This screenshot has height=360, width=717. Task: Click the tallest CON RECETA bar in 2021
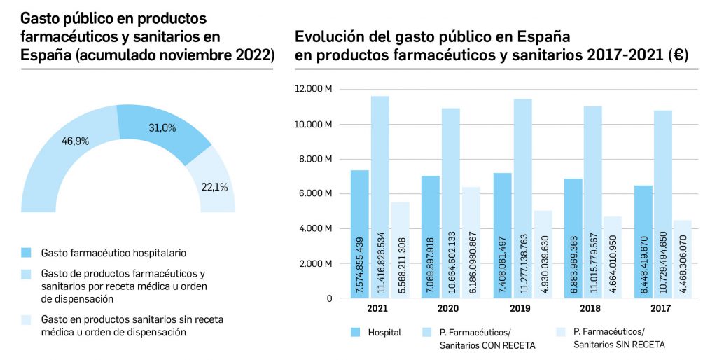pos(380,197)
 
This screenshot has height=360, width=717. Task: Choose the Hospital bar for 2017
pos(643,242)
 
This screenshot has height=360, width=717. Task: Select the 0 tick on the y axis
pos(329,298)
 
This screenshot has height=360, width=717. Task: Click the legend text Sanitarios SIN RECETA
pos(619,344)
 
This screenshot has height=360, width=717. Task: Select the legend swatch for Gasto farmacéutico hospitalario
pos(27,252)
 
